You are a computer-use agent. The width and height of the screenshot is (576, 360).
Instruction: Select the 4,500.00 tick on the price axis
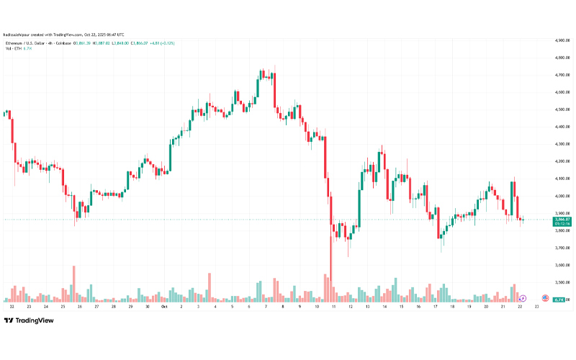(562, 109)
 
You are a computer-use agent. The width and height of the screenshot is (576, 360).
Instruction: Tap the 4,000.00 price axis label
(562, 196)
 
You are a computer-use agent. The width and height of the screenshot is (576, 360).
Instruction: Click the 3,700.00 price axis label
(562, 248)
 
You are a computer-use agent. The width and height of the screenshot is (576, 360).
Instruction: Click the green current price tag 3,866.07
(562, 218)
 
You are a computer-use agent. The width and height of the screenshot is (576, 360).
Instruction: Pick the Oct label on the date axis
(164, 307)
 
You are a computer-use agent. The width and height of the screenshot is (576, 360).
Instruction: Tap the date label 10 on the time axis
(317, 307)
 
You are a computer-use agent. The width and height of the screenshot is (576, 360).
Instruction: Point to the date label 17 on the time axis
(436, 307)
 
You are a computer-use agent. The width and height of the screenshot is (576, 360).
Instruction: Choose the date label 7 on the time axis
(266, 307)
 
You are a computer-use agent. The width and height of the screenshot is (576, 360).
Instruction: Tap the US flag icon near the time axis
(545, 298)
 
